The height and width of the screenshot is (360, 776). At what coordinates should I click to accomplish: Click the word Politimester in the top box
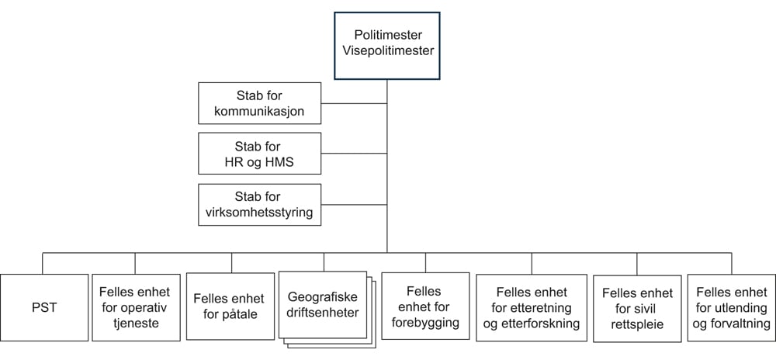[x=386, y=36]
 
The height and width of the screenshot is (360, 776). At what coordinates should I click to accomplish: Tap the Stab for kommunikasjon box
[x=258, y=103]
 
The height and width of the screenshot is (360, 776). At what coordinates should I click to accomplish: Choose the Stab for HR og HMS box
[x=258, y=154]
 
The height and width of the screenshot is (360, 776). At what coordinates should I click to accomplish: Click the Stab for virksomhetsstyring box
[x=258, y=205]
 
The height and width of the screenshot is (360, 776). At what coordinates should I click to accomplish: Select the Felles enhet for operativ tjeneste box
[x=135, y=307]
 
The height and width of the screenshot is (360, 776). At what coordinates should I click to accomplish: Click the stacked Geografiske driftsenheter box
[x=323, y=305]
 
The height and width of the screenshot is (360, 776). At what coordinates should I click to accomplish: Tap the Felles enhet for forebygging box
[x=424, y=306]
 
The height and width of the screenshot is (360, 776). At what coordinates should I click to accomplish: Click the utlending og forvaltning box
[x=729, y=307]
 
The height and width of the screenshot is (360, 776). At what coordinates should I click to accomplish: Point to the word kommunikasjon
[x=258, y=111]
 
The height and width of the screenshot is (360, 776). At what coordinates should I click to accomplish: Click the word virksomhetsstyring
[x=258, y=213]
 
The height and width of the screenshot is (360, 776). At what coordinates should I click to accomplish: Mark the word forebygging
[x=424, y=322]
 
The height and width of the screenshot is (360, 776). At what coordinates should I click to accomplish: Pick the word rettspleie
[x=637, y=324]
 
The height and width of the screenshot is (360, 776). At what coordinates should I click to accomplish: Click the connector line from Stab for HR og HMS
[x=353, y=154]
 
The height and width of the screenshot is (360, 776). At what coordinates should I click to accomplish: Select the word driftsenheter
[x=323, y=313]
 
